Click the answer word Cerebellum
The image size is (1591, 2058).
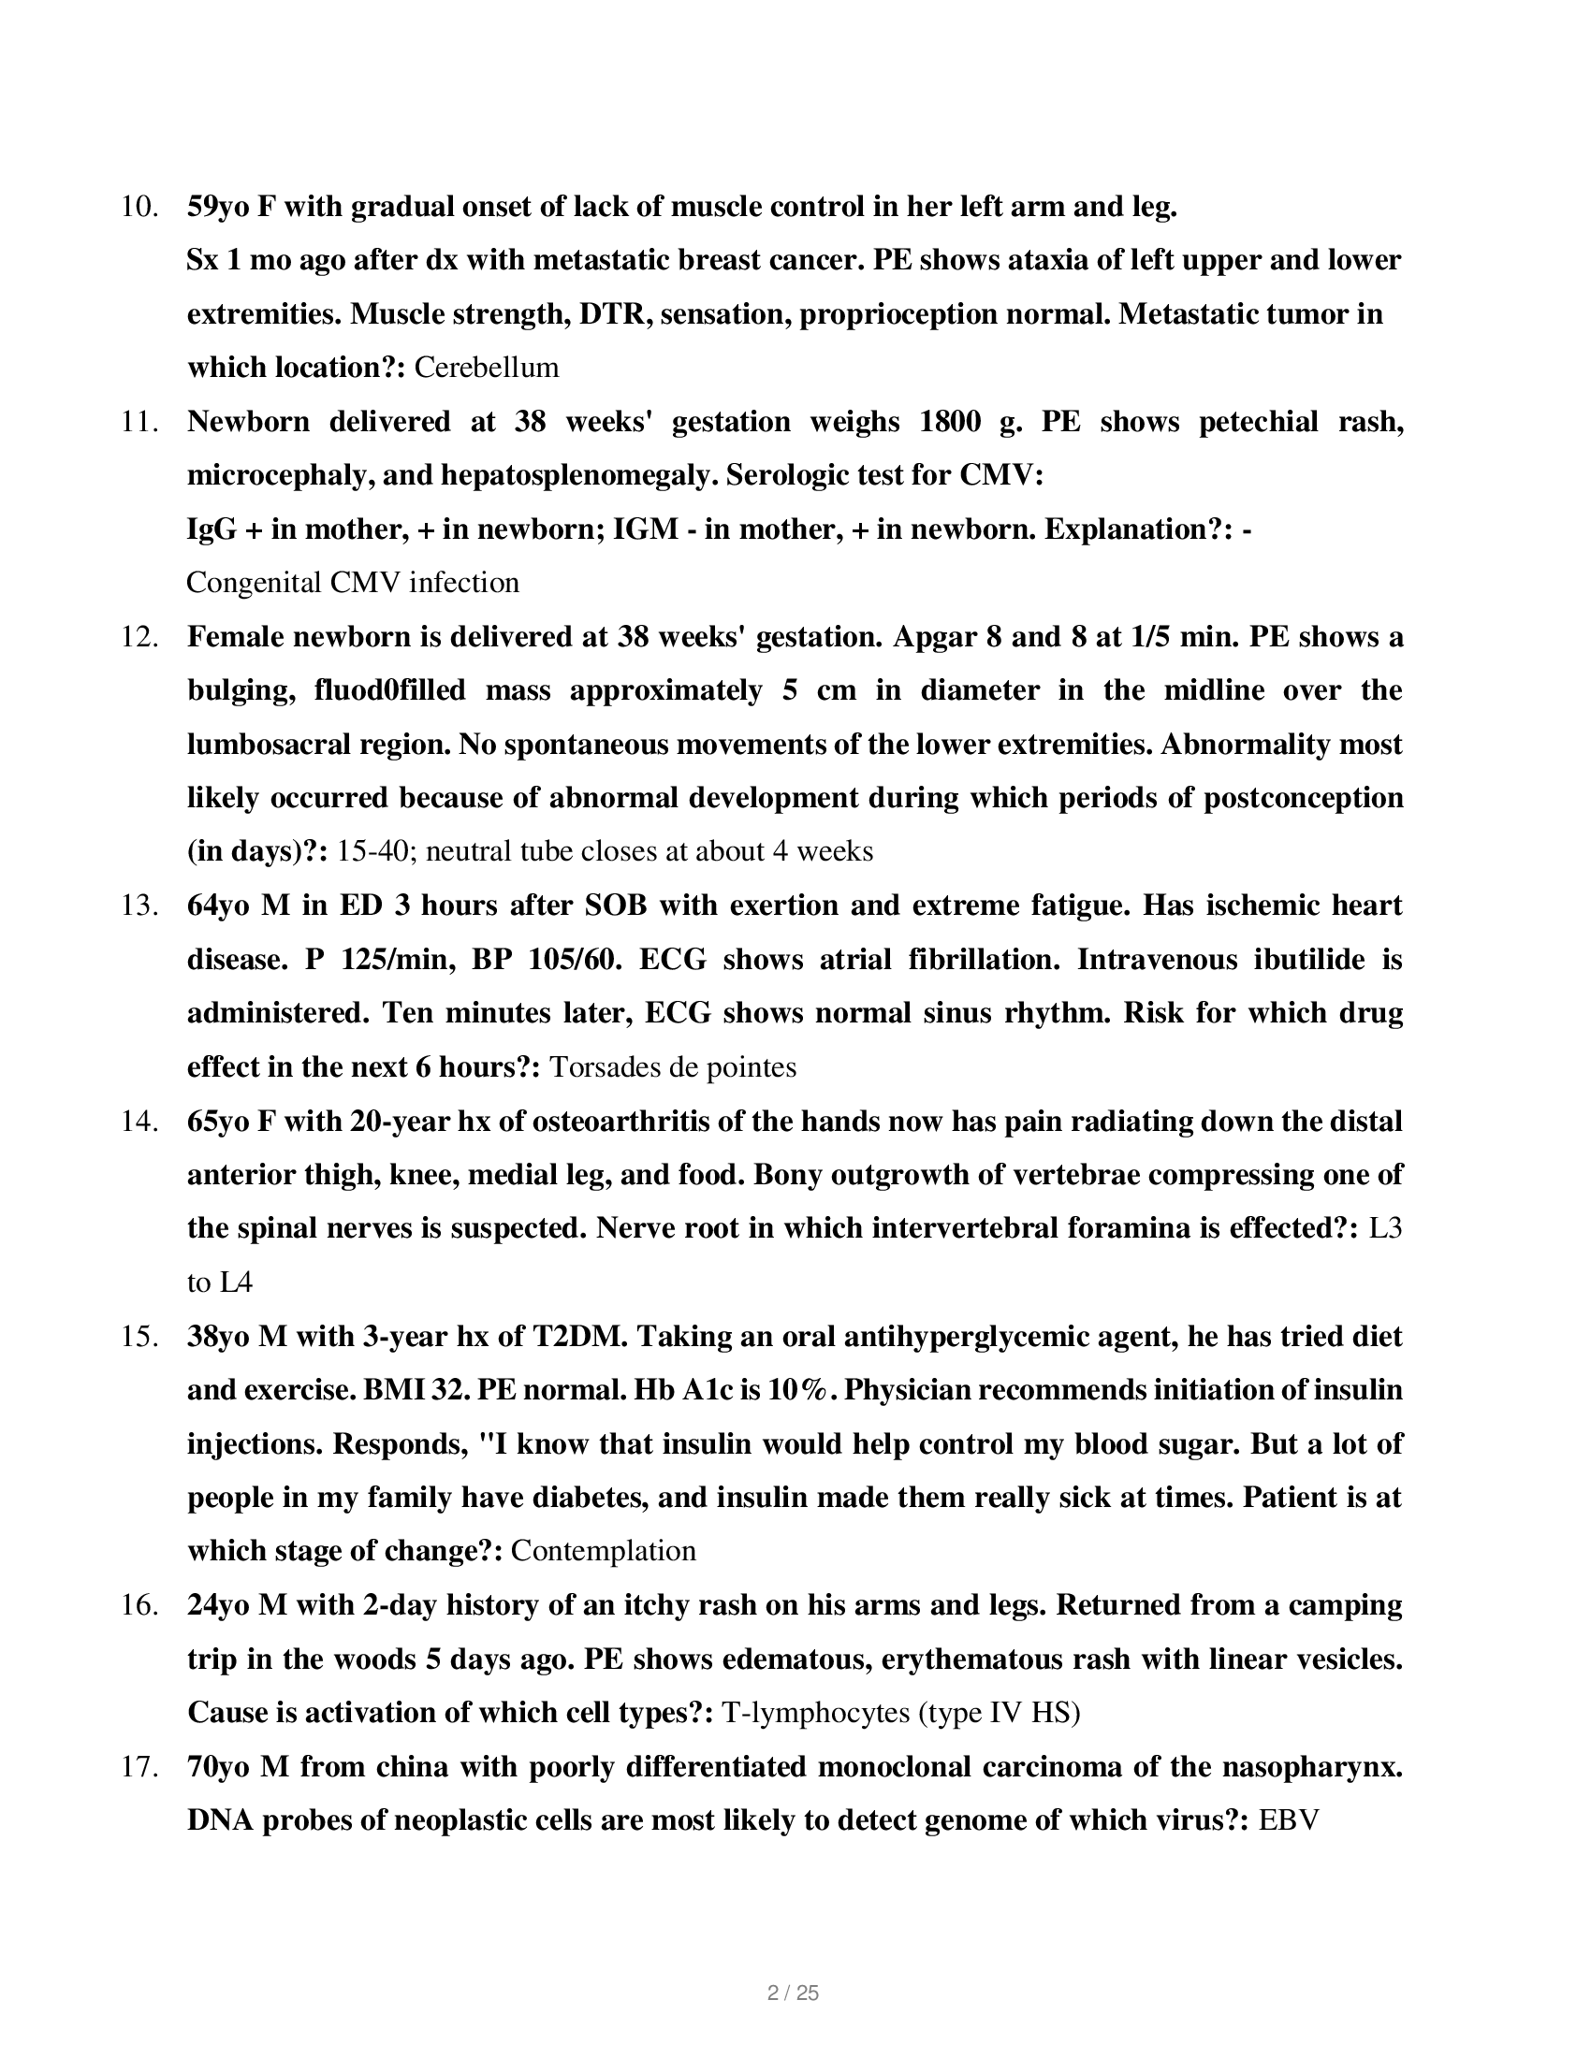[487, 368]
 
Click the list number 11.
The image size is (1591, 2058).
[139, 421]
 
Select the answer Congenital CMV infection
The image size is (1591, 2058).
[353, 583]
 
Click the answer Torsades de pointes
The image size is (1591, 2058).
[672, 1066]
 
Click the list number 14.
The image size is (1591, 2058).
[139, 1122]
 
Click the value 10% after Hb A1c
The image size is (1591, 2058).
[797, 1390]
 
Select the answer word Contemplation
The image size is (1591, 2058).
[604, 1551]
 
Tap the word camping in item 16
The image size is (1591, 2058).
[1347, 1604]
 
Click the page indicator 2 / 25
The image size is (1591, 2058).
[794, 1993]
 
